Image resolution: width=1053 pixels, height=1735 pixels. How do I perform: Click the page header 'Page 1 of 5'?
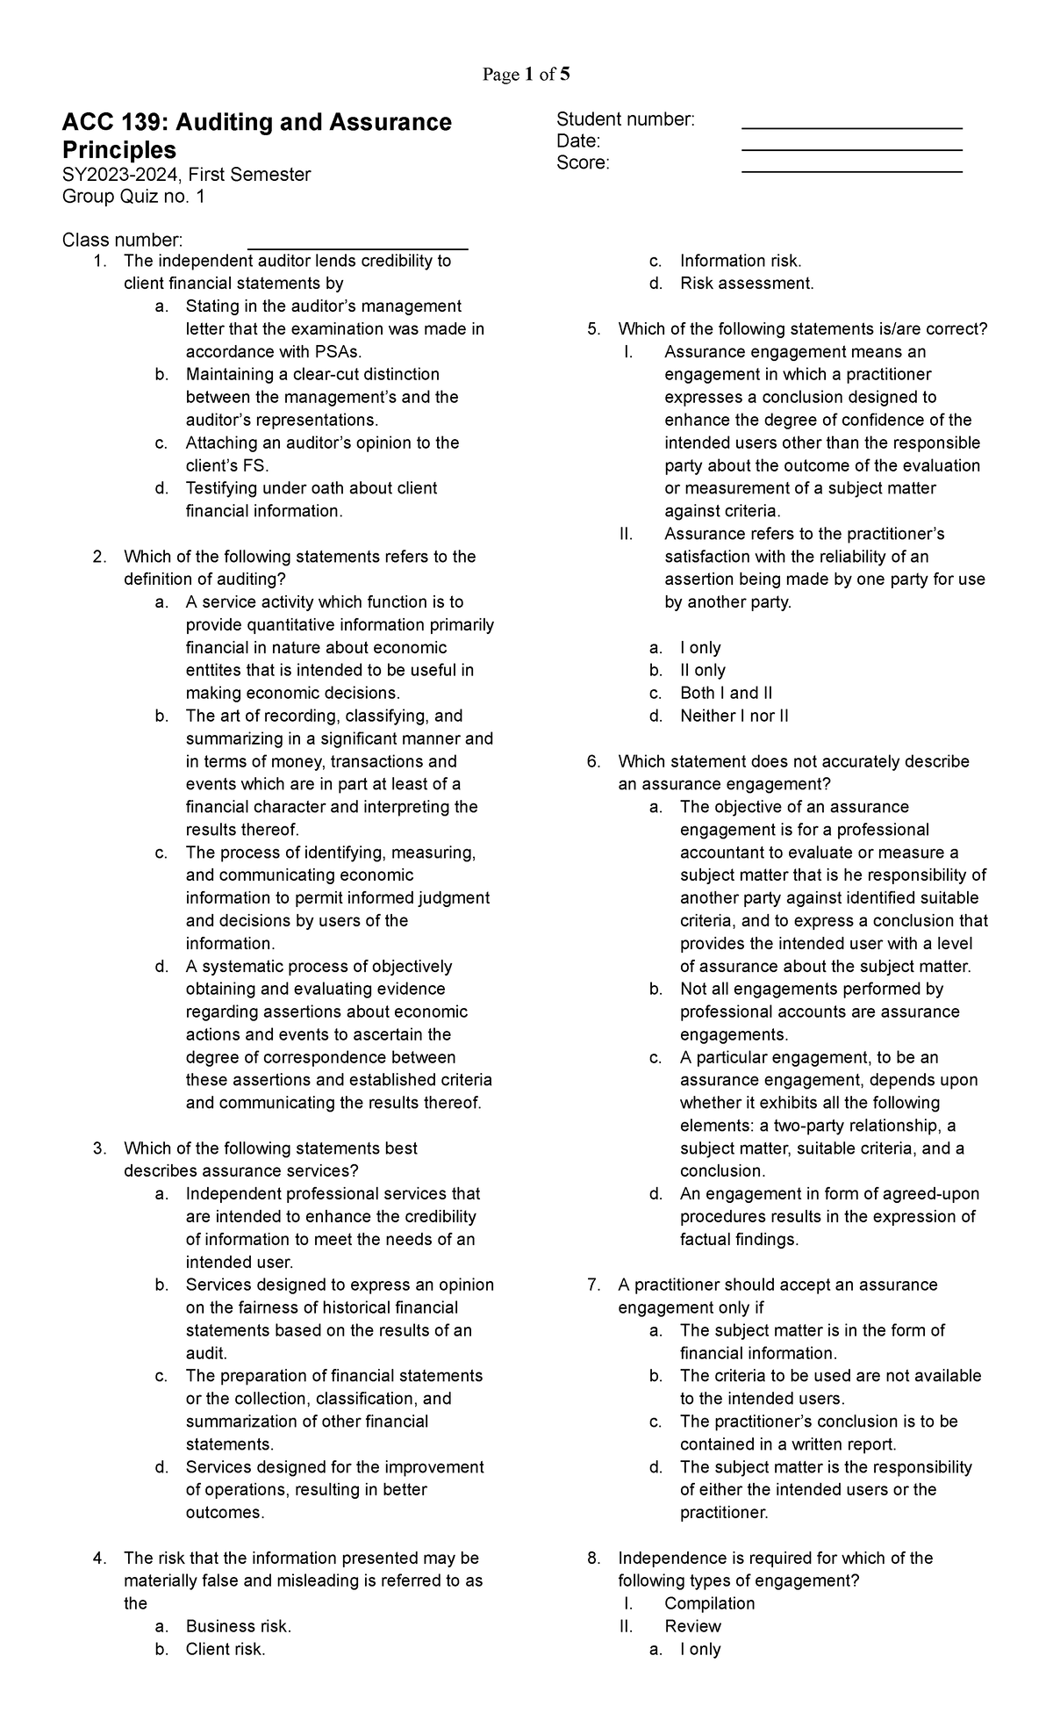pyautogui.click(x=526, y=75)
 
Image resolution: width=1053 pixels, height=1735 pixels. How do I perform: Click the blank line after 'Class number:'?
pyautogui.click(x=358, y=248)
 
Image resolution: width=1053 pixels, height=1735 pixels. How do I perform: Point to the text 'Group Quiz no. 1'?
pyautogui.click(x=133, y=197)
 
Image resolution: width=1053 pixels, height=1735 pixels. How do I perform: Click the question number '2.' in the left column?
pyautogui.click(x=99, y=557)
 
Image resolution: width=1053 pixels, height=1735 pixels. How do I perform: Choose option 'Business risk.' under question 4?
pyautogui.click(x=238, y=1626)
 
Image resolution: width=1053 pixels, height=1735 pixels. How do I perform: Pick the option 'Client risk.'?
pyautogui.click(x=226, y=1649)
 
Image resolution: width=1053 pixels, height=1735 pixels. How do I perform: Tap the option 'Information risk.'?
pyautogui.click(x=741, y=261)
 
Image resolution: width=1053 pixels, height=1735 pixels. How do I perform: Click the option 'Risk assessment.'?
pyautogui.click(x=747, y=284)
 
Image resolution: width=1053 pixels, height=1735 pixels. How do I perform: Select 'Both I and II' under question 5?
pyautogui.click(x=726, y=693)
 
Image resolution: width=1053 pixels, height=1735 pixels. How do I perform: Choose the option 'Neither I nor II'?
pyautogui.click(x=734, y=716)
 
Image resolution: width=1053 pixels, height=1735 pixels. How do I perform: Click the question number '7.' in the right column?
pyautogui.click(x=594, y=1285)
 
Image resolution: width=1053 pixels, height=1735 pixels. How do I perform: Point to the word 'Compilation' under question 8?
pyautogui.click(x=709, y=1603)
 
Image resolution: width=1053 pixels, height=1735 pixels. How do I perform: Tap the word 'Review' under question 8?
pyautogui.click(x=692, y=1626)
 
